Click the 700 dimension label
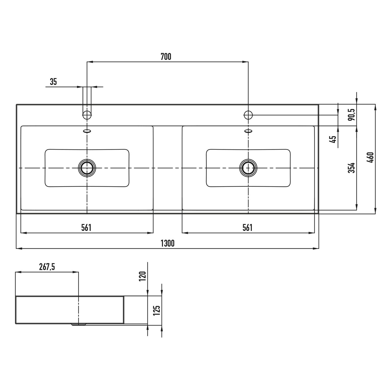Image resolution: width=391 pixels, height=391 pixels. click(x=166, y=57)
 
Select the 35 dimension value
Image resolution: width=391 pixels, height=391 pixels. click(x=53, y=82)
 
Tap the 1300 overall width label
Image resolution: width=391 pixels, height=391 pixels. click(x=167, y=243)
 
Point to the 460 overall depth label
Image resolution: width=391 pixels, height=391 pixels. click(x=370, y=158)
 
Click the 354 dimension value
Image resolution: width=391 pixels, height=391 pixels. click(x=352, y=168)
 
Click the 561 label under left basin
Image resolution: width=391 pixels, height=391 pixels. click(x=86, y=228)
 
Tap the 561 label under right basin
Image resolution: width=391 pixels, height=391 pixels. click(x=247, y=228)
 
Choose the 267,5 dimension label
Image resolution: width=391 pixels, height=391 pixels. click(x=47, y=267)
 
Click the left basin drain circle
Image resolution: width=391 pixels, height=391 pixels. click(x=87, y=168)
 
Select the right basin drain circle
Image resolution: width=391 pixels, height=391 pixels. click(x=248, y=168)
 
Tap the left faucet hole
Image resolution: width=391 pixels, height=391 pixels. click(x=87, y=115)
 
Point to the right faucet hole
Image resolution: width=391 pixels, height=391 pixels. click(x=248, y=115)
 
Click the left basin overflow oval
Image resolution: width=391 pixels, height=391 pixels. click(x=87, y=131)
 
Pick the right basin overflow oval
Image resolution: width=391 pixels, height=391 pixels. click(x=248, y=131)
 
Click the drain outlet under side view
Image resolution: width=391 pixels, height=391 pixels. click(x=78, y=325)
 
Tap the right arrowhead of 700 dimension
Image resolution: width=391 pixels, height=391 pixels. click(x=245, y=62)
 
